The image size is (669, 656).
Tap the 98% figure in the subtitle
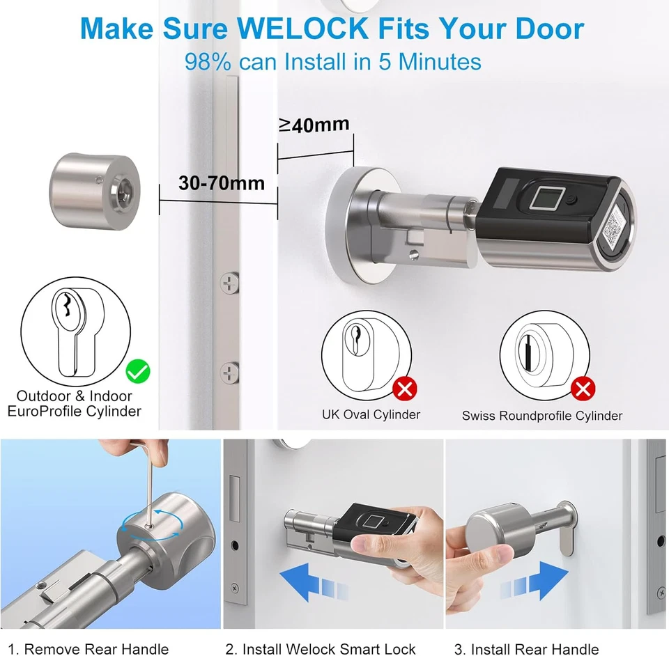point(208,61)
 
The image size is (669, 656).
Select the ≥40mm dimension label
point(314,125)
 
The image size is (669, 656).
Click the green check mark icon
point(138,371)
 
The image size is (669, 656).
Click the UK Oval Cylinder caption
point(371,415)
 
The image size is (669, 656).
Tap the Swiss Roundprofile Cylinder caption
point(541,416)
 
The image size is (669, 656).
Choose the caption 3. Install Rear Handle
point(526,648)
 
